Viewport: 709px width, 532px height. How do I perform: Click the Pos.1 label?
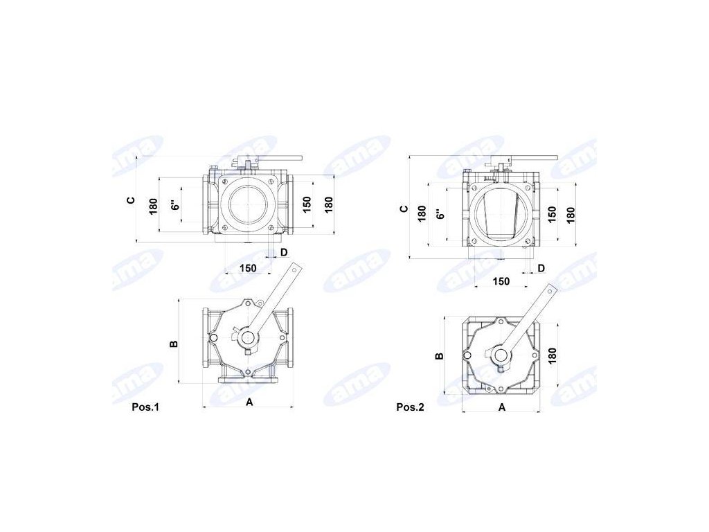tap(145, 407)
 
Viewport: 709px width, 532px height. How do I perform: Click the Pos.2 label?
tap(410, 407)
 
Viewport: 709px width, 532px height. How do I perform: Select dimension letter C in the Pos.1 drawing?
tap(131, 200)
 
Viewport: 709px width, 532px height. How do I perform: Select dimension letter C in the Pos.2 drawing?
tap(404, 209)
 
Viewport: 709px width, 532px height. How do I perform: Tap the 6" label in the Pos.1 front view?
tap(176, 205)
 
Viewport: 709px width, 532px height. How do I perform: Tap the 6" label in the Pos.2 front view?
tap(440, 213)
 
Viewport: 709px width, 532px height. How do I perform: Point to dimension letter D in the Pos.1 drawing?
tap(284, 252)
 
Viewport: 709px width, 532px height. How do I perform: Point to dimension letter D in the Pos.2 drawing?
tap(541, 268)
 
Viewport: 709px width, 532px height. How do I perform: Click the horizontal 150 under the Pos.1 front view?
tap(248, 268)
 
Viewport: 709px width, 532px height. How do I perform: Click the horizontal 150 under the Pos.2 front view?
tap(501, 281)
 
